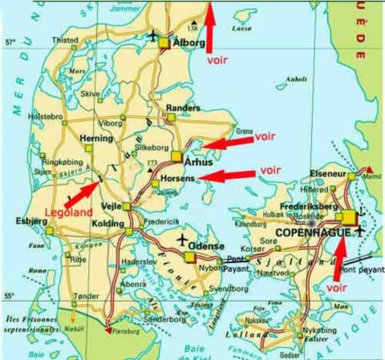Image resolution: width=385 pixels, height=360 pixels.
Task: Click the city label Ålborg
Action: tap(191, 45)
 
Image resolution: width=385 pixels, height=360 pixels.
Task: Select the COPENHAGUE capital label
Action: tap(314, 232)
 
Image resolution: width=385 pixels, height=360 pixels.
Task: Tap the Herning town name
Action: tap(98, 138)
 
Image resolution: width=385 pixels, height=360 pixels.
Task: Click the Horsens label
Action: tap(177, 178)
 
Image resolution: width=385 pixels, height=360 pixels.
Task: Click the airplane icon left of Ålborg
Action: tap(154, 35)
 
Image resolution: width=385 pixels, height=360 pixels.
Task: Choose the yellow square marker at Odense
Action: tap(189, 257)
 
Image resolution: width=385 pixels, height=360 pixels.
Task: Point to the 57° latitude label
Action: tap(10, 42)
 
